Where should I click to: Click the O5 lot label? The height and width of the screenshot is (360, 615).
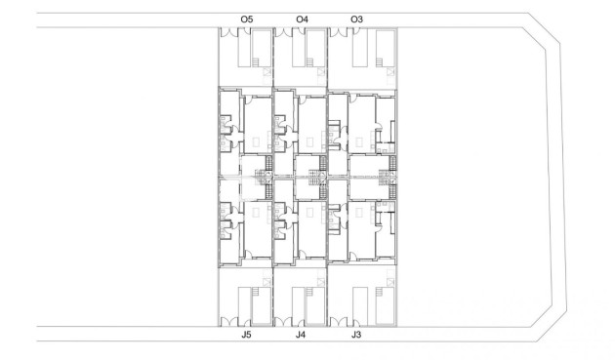(x=246, y=19)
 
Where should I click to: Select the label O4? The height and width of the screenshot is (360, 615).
(x=302, y=19)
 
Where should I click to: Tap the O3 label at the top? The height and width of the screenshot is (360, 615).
(x=356, y=19)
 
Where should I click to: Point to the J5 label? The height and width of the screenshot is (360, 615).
(x=246, y=336)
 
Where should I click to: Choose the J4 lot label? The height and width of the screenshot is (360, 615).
(x=302, y=336)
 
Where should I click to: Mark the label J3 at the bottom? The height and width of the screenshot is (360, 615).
(x=356, y=336)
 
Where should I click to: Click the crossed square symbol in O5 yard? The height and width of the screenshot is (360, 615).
(x=266, y=73)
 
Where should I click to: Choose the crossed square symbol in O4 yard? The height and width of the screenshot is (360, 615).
(x=321, y=73)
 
